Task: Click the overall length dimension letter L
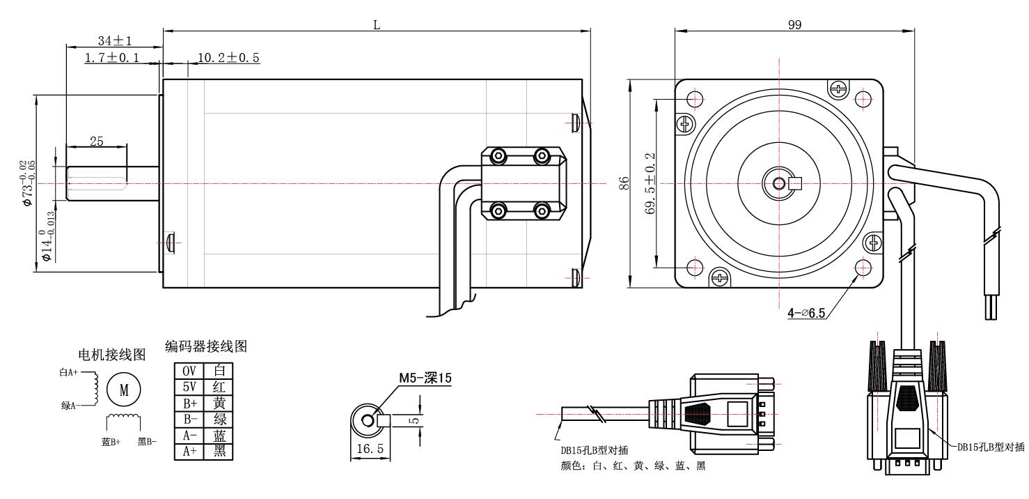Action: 377,24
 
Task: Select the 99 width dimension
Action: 794,24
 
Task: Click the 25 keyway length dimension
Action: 96,141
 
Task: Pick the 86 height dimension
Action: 625,183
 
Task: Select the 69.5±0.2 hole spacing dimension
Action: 650,183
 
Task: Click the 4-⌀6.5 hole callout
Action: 806,313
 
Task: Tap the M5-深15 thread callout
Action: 425,378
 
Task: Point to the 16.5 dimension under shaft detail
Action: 370,450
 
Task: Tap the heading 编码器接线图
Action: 206,346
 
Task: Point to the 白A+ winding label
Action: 69,373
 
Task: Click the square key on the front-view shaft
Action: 795,183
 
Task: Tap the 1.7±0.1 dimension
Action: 111,58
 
